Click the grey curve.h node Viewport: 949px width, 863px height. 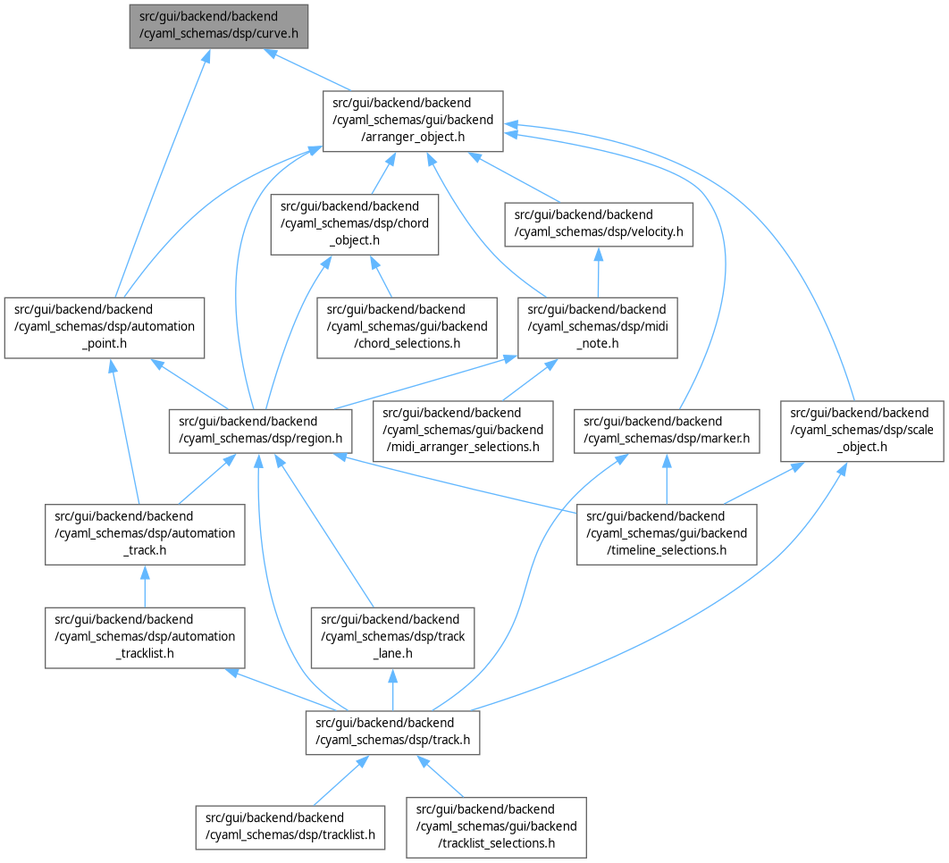pos(219,26)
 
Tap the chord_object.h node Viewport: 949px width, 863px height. pos(355,224)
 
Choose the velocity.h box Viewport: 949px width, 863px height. pos(597,224)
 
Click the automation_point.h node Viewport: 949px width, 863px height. pos(105,327)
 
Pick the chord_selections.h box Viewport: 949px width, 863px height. pos(407,327)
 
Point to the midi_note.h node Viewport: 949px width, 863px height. pos(597,327)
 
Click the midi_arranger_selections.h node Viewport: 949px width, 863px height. pos(461,431)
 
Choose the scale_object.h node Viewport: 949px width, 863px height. pos(862,431)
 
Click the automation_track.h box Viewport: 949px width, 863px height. pos(145,534)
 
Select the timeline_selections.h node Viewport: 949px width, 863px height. pos(667,534)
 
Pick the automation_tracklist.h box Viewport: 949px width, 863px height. pos(145,637)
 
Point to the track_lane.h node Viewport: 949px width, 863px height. pos(392,637)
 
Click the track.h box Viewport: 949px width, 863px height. pos(392,732)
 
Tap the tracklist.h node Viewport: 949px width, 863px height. pos(290,826)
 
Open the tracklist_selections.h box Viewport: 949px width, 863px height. pos(497,826)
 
